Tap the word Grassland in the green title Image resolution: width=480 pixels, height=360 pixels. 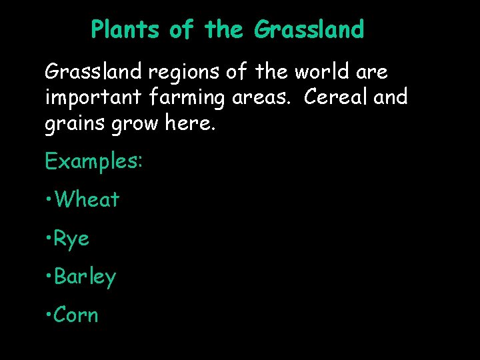[309, 30]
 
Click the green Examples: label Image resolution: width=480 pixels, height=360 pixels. [93, 161]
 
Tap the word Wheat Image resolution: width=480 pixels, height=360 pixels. [87, 199]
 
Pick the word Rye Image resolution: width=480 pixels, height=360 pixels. [72, 239]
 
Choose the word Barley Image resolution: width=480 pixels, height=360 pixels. [85, 277]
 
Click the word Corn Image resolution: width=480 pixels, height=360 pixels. [76, 315]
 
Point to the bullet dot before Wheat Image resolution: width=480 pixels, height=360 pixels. [49, 200]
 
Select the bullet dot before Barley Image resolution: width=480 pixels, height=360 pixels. [49, 277]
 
